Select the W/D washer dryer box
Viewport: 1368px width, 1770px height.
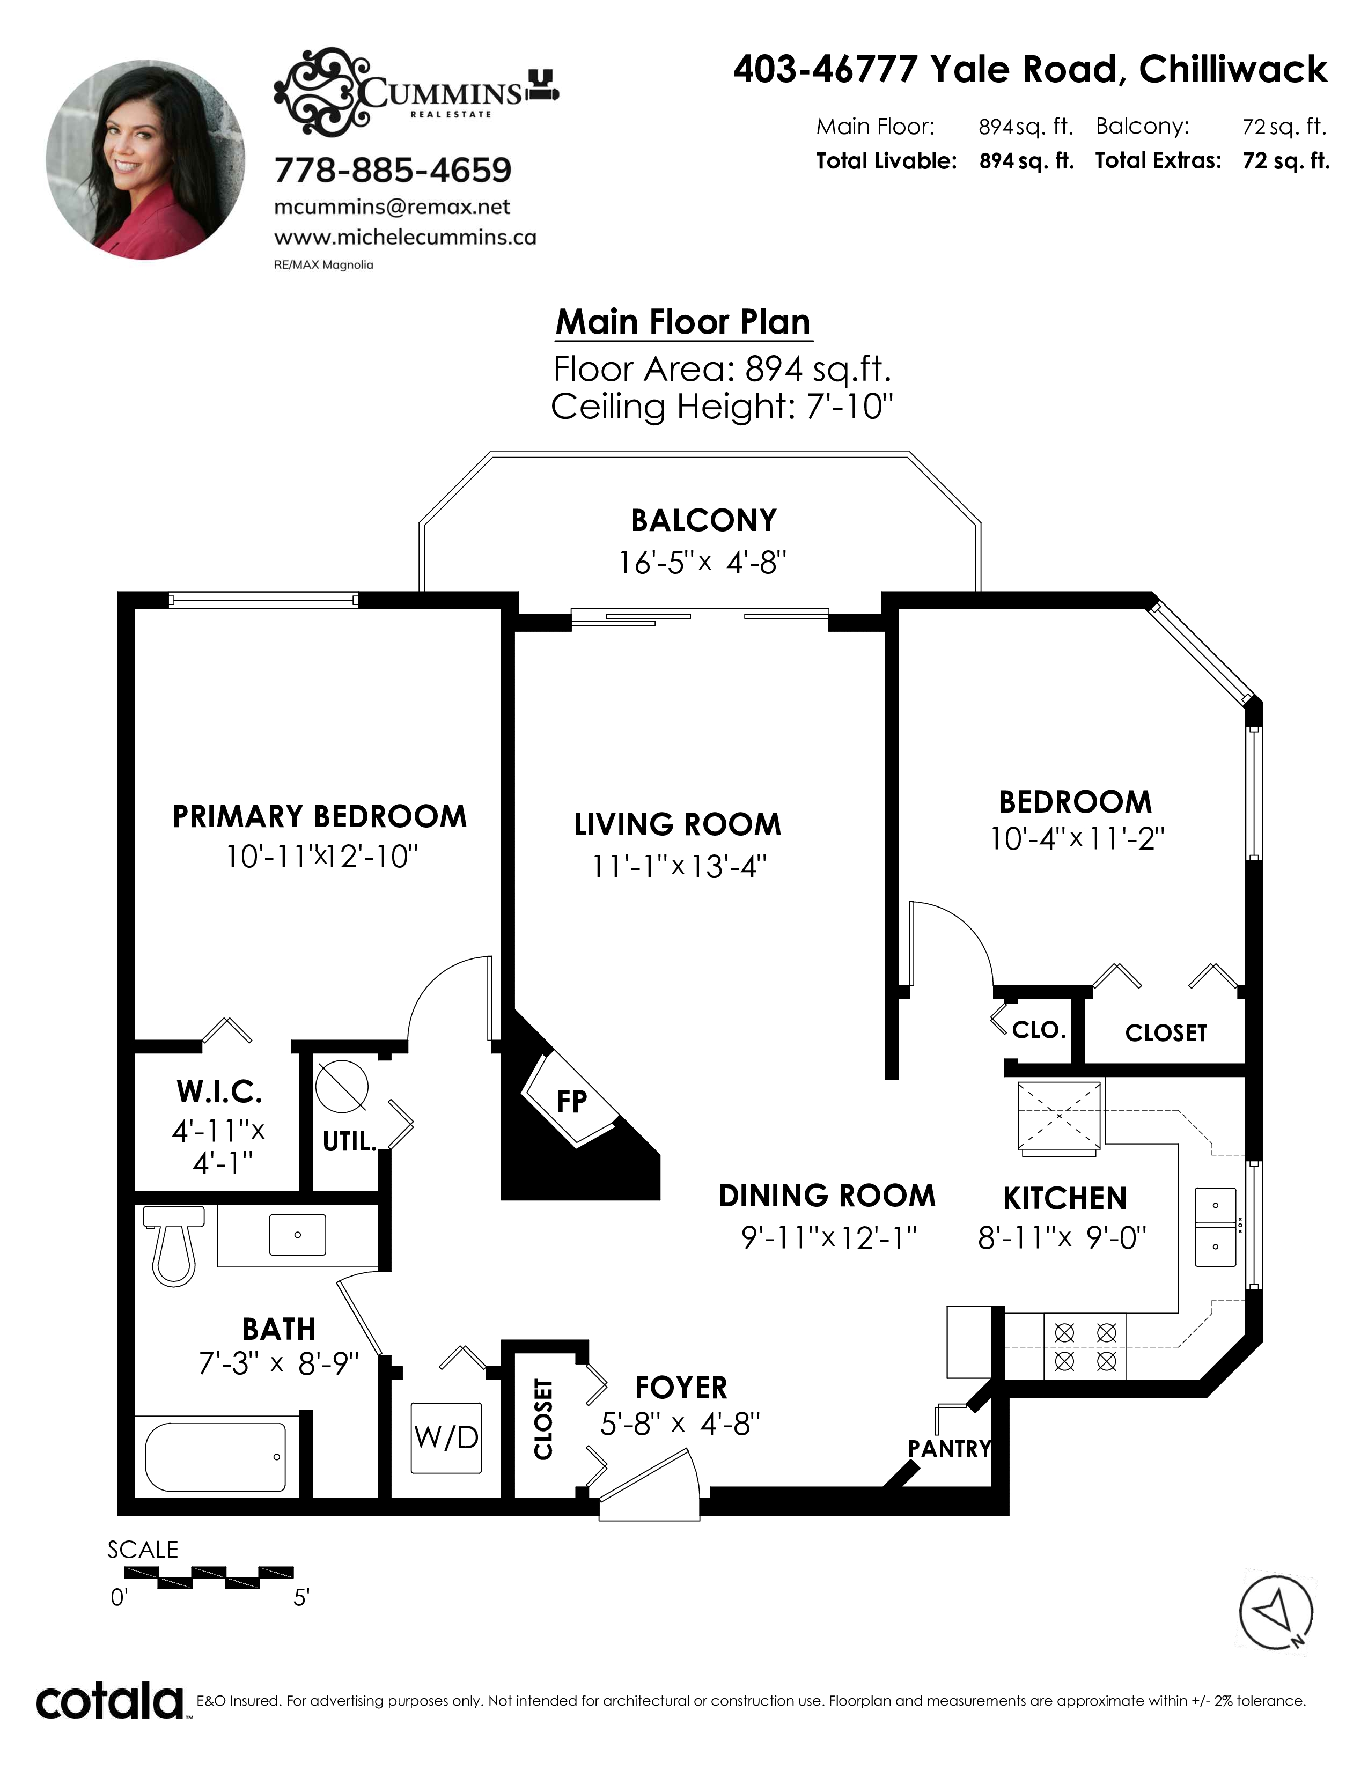[x=446, y=1437]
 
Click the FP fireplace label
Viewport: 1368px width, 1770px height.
[x=572, y=1101]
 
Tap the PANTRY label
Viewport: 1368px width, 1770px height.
[x=949, y=1448]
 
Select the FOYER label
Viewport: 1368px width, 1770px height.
[x=681, y=1388]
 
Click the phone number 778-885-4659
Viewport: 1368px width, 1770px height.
[x=393, y=170]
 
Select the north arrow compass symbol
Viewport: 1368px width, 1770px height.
[x=1276, y=1613]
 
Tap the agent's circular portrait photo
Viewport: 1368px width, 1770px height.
[x=146, y=160]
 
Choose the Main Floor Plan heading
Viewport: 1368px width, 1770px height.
[x=683, y=322]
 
